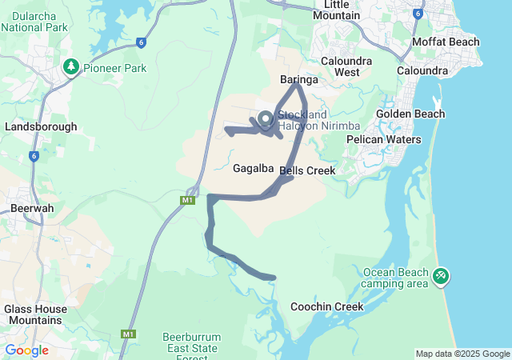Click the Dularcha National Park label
click(33, 20)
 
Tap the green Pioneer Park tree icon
click(70, 67)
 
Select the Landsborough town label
click(41, 126)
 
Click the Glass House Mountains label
click(33, 314)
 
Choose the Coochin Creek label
click(326, 306)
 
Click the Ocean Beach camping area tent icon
click(440, 277)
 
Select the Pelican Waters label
click(384, 139)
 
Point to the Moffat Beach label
click(446, 42)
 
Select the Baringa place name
click(299, 80)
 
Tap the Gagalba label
click(253, 169)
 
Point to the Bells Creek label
click(307, 170)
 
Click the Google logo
click(26, 350)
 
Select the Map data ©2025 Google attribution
click(462, 354)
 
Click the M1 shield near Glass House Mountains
click(129, 334)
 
